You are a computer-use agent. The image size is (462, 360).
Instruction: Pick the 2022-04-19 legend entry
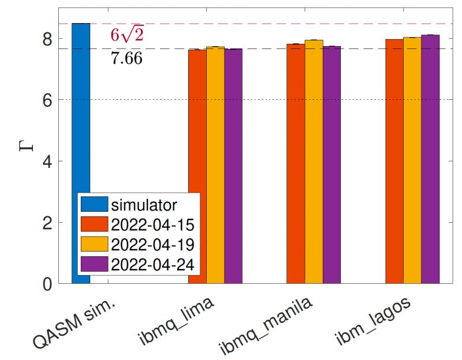click(x=152, y=244)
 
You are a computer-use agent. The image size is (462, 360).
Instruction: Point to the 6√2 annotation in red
click(x=126, y=36)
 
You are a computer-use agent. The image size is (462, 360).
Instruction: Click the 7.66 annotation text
click(x=126, y=58)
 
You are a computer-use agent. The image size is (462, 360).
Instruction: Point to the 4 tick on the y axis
click(x=48, y=161)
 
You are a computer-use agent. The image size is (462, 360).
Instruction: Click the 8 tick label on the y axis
click(x=48, y=39)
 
